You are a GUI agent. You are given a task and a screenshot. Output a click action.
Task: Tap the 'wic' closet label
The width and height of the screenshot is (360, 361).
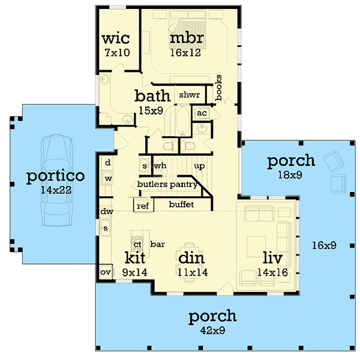click(x=116, y=38)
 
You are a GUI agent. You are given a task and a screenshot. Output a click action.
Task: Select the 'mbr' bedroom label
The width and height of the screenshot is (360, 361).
click(x=187, y=38)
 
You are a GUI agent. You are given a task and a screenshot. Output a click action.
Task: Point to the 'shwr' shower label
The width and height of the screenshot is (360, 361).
click(x=189, y=95)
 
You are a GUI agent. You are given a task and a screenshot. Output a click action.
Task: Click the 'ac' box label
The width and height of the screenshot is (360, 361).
click(x=201, y=113)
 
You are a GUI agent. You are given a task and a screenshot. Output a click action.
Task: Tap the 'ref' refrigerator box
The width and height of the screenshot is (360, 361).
click(x=143, y=206)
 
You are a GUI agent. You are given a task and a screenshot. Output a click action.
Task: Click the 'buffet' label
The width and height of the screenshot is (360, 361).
click(x=181, y=204)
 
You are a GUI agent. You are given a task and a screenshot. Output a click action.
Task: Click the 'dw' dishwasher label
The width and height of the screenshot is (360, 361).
click(x=107, y=212)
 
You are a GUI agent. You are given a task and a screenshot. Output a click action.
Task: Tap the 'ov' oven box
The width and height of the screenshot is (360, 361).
click(x=105, y=272)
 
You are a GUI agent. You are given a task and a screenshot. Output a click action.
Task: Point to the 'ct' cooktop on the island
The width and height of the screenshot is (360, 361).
click(x=137, y=244)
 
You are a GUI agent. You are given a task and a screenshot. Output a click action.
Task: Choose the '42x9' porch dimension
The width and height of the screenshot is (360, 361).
click(x=212, y=329)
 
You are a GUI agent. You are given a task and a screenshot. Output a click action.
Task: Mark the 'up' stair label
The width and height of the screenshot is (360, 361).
click(x=199, y=165)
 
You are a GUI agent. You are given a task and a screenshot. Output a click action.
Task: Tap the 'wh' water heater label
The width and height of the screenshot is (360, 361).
click(x=160, y=165)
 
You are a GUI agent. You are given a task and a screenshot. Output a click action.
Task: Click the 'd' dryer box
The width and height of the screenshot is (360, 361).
click(x=108, y=163)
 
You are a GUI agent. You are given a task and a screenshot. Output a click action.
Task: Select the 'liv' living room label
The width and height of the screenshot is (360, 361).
click(x=272, y=258)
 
